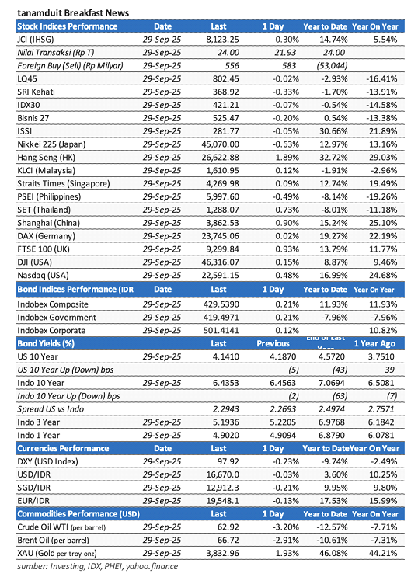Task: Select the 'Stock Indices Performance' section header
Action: point(65,26)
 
